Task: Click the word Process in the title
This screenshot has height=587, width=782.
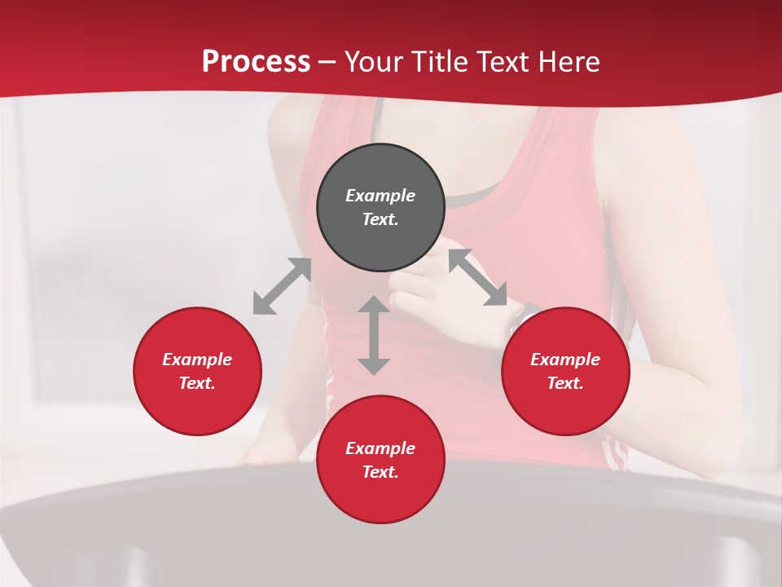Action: tap(256, 62)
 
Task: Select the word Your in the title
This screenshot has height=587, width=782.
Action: tap(374, 62)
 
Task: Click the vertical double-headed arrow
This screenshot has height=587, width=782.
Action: tap(374, 335)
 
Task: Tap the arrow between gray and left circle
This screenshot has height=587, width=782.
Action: tap(282, 286)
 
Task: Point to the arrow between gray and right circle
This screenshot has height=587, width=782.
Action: tap(477, 278)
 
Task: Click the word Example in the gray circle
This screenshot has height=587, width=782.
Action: tap(380, 196)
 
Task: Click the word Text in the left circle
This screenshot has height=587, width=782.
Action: tap(197, 383)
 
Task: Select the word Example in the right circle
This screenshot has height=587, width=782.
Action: tap(565, 360)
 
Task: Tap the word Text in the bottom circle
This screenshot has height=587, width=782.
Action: tap(380, 472)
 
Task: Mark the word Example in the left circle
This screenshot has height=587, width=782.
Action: tap(197, 360)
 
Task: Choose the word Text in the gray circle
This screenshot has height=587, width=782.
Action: tap(380, 219)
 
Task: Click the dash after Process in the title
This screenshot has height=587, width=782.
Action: tap(327, 62)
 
